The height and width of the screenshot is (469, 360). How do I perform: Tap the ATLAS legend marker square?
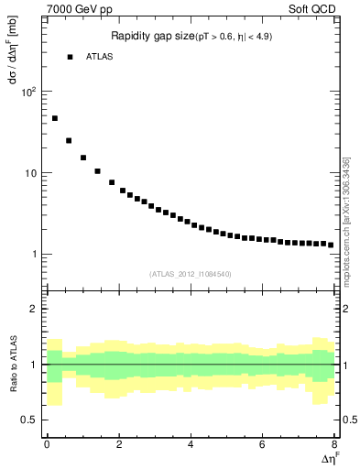point(70,57)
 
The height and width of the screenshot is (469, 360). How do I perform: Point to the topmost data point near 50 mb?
point(55,118)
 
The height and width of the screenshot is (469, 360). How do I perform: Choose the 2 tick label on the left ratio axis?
point(31,309)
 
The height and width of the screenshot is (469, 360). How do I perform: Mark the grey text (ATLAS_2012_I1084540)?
point(190,273)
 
